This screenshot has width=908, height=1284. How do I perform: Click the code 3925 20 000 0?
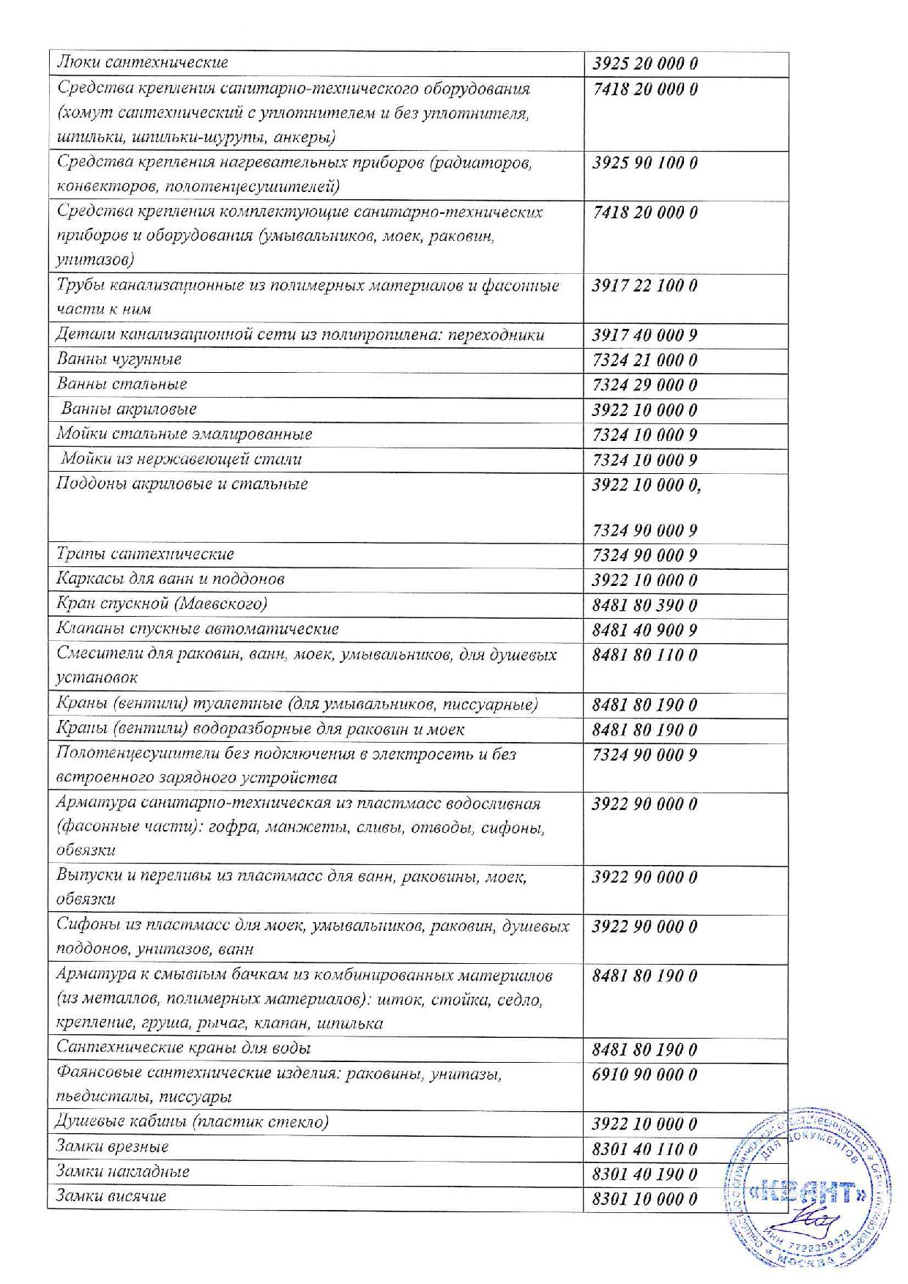pyautogui.click(x=644, y=64)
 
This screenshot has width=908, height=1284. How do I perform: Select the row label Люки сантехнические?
pyautogui.click(x=143, y=63)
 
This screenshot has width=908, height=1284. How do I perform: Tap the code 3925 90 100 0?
pyautogui.click(x=644, y=163)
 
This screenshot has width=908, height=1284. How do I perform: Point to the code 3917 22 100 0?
pyautogui.click(x=644, y=286)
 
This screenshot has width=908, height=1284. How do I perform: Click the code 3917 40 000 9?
pyautogui.click(x=644, y=336)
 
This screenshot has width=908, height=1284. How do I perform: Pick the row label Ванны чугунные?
pyautogui.click(x=119, y=360)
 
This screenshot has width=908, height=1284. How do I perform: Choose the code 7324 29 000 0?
pyautogui.click(x=644, y=385)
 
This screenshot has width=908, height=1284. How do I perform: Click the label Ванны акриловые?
pyautogui.click(x=129, y=409)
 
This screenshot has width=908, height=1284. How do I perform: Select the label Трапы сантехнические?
pyautogui.click(x=146, y=554)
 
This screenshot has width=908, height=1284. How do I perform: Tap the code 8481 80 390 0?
pyautogui.click(x=644, y=606)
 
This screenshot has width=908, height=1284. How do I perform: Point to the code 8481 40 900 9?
pyautogui.click(x=644, y=631)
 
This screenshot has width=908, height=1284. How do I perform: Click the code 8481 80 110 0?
pyautogui.click(x=644, y=656)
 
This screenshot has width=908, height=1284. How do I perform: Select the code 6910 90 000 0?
pyautogui.click(x=644, y=1075)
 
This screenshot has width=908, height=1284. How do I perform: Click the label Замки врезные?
pyautogui.click(x=113, y=1146)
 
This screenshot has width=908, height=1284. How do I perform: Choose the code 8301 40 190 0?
pyautogui.click(x=644, y=1174)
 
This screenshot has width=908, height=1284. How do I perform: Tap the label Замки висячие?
pyautogui.click(x=111, y=1196)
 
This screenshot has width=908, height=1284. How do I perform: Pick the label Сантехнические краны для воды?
pyautogui.click(x=184, y=1048)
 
